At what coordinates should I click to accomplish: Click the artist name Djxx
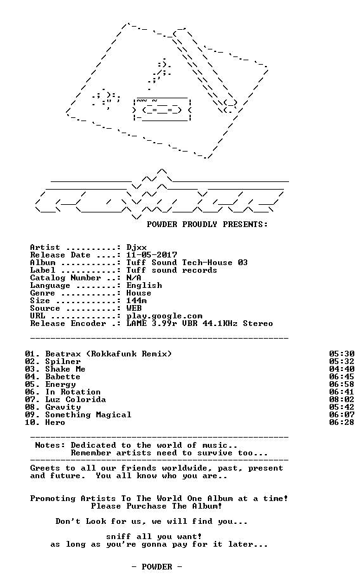[x=136, y=248]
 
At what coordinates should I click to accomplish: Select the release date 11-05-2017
[x=151, y=255]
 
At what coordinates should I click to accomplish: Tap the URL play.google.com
[x=164, y=316]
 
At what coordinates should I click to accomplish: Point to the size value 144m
[x=136, y=301]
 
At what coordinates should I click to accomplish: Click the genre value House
[x=139, y=293]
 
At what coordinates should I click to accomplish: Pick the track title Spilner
[x=63, y=361]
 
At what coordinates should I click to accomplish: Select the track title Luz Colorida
[x=75, y=400]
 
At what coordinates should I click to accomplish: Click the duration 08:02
[x=342, y=400]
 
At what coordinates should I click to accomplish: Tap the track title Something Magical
[x=88, y=415]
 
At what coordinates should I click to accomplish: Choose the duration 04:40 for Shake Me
[x=342, y=369]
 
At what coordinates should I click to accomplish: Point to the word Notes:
[x=50, y=445]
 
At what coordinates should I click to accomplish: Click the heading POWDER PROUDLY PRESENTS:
[x=207, y=225]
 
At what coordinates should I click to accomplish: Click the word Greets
[x=45, y=468]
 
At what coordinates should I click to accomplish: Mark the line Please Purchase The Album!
[x=157, y=506]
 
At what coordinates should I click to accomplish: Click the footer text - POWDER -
[x=157, y=567]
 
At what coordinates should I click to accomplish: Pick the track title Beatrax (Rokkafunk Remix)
[x=108, y=354]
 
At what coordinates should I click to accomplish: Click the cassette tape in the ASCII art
[x=162, y=109]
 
